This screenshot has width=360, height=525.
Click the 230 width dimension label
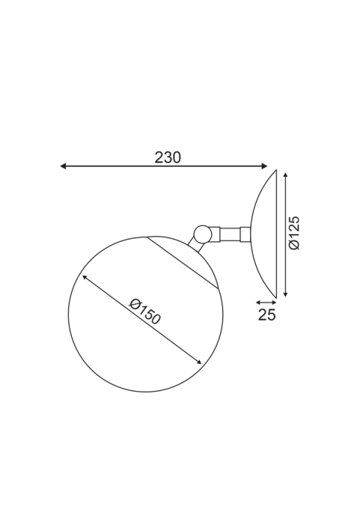coord(168,157)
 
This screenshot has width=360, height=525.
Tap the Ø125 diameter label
coord(294,233)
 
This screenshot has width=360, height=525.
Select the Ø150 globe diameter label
coord(145,312)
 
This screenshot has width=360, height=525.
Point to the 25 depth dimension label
coord(267,315)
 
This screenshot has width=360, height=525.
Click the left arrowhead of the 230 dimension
coord(63,166)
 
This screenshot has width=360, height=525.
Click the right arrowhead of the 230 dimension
coord(264,166)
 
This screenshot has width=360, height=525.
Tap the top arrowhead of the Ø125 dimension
coord(285,176)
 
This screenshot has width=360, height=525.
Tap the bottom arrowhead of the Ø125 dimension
coord(285,294)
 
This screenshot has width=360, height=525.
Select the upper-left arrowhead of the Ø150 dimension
coord(85,278)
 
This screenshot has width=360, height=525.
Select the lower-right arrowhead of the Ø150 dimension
coord(198,361)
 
